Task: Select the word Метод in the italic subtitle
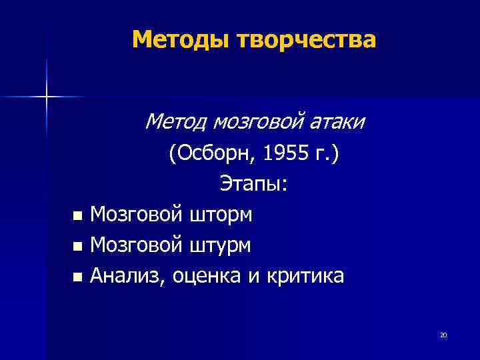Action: point(175,122)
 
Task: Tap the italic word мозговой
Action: point(257,122)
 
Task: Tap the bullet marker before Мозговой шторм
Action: point(77,216)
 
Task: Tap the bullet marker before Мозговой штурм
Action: point(77,247)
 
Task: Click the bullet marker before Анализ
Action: point(77,277)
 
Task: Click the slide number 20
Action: point(443,335)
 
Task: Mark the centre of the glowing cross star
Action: point(46,97)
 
